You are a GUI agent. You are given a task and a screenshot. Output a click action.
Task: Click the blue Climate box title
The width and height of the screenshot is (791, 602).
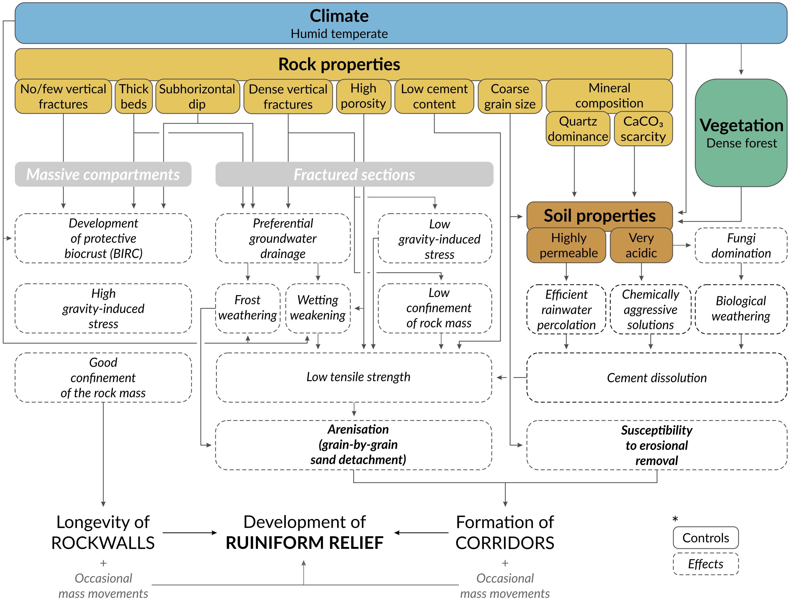coord(339,16)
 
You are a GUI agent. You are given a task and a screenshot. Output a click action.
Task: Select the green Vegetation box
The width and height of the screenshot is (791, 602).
coord(741,133)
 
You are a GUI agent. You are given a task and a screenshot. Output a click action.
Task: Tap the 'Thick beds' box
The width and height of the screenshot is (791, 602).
coord(133,96)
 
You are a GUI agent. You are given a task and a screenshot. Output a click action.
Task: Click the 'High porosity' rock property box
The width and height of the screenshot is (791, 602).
coord(363,96)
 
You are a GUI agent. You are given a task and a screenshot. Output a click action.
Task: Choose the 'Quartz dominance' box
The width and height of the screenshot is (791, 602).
coord(577,129)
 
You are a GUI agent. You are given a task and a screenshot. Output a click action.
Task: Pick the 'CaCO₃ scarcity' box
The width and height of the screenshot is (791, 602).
coord(643,129)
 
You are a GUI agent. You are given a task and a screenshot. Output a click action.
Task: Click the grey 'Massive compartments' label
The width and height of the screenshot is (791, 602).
coord(103,174)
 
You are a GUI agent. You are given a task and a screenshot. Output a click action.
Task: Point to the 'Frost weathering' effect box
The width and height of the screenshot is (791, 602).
coord(247,308)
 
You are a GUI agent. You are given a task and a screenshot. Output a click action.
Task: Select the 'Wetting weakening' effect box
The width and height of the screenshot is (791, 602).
coord(318,308)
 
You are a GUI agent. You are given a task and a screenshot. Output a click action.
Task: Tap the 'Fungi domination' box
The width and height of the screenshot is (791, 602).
coord(741,245)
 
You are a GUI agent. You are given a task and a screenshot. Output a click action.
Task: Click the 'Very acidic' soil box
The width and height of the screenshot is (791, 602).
coord(641,245)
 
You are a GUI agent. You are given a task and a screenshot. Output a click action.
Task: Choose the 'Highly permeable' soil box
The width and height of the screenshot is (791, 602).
coord(566,245)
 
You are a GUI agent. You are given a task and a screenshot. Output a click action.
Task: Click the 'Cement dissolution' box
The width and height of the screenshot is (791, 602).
coord(657,377)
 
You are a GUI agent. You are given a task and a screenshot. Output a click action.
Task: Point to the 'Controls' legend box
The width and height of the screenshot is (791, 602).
coord(705,537)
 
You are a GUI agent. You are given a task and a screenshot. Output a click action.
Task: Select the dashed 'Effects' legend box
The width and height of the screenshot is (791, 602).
coord(705,564)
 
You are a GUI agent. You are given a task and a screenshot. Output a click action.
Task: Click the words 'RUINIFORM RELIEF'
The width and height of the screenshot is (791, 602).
coord(305,543)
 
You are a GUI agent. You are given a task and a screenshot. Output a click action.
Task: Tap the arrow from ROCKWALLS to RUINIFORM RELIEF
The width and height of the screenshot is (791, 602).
coord(190,533)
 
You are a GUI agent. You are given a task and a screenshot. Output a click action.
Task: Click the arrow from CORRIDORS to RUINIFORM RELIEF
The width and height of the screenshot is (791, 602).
coord(421,533)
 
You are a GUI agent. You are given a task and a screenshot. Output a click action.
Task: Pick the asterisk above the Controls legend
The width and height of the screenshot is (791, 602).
coord(675,519)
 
